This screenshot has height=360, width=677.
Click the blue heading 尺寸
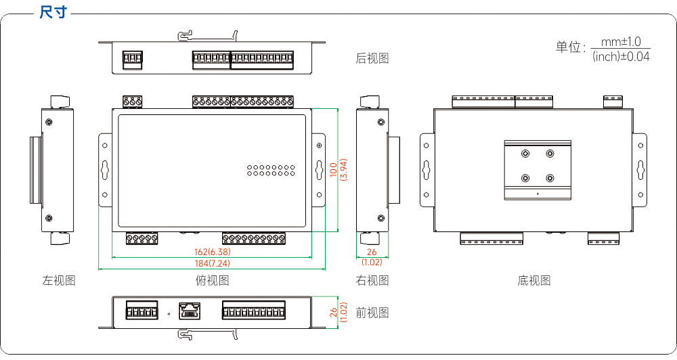coord(53,12)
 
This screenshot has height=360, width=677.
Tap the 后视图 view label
coord(372,58)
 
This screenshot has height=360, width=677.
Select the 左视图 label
coord(59,281)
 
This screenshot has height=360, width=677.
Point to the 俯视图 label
coord(212,281)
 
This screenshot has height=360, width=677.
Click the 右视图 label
coord(372,281)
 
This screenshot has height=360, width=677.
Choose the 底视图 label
coord(534,281)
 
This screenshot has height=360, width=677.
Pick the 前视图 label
coord(372,313)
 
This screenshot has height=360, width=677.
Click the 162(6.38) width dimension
coord(213,252)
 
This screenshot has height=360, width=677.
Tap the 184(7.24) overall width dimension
coord(212,263)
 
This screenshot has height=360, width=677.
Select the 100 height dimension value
coord(333,168)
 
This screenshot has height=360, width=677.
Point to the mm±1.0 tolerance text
coord(621,42)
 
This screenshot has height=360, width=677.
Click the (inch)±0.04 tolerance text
coord(621,57)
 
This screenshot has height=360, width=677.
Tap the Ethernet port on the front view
coord(190,311)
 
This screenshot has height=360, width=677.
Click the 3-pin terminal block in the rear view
coord(133,60)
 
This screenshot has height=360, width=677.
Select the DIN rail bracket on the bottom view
coord(538,170)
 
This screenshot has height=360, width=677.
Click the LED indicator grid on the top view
coord(271,171)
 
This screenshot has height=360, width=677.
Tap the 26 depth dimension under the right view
coord(372,252)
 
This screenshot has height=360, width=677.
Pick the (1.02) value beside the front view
coord(344,312)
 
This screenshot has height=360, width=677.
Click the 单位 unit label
coord(568,47)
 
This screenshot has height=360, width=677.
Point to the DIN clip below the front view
coord(208,334)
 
